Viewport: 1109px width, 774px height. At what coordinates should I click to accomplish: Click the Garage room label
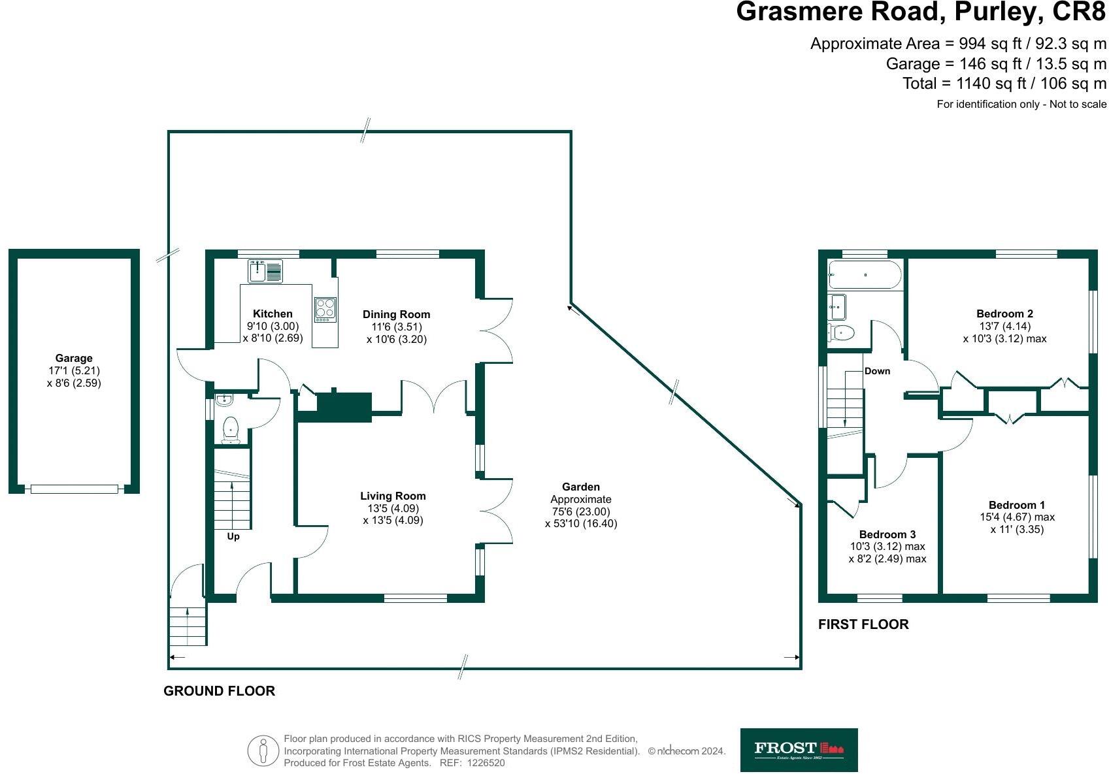(74, 358)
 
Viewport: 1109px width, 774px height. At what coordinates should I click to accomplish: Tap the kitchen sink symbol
(265, 271)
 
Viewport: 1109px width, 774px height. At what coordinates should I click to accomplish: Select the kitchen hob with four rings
(325, 309)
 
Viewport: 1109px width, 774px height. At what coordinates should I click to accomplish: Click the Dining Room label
(396, 314)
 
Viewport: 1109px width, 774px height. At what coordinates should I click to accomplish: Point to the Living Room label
(393, 496)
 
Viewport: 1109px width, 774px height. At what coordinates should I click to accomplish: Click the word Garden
(580, 487)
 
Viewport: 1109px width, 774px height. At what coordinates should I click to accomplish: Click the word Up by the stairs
(233, 536)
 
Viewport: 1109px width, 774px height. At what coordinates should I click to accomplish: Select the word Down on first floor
(877, 371)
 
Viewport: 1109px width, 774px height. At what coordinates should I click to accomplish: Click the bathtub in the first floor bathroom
(865, 275)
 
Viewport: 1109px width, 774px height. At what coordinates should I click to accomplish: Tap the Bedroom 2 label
(1004, 314)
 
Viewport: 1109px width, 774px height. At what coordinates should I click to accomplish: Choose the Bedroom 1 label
(1016, 505)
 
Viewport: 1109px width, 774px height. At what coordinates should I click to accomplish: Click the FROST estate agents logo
(799, 750)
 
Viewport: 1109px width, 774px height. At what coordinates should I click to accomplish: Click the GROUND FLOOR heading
(219, 691)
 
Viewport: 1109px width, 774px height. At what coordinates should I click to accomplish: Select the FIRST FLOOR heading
(863, 624)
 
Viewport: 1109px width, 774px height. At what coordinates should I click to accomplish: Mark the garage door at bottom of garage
(74, 489)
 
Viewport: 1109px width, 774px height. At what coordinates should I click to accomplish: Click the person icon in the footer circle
(263, 751)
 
